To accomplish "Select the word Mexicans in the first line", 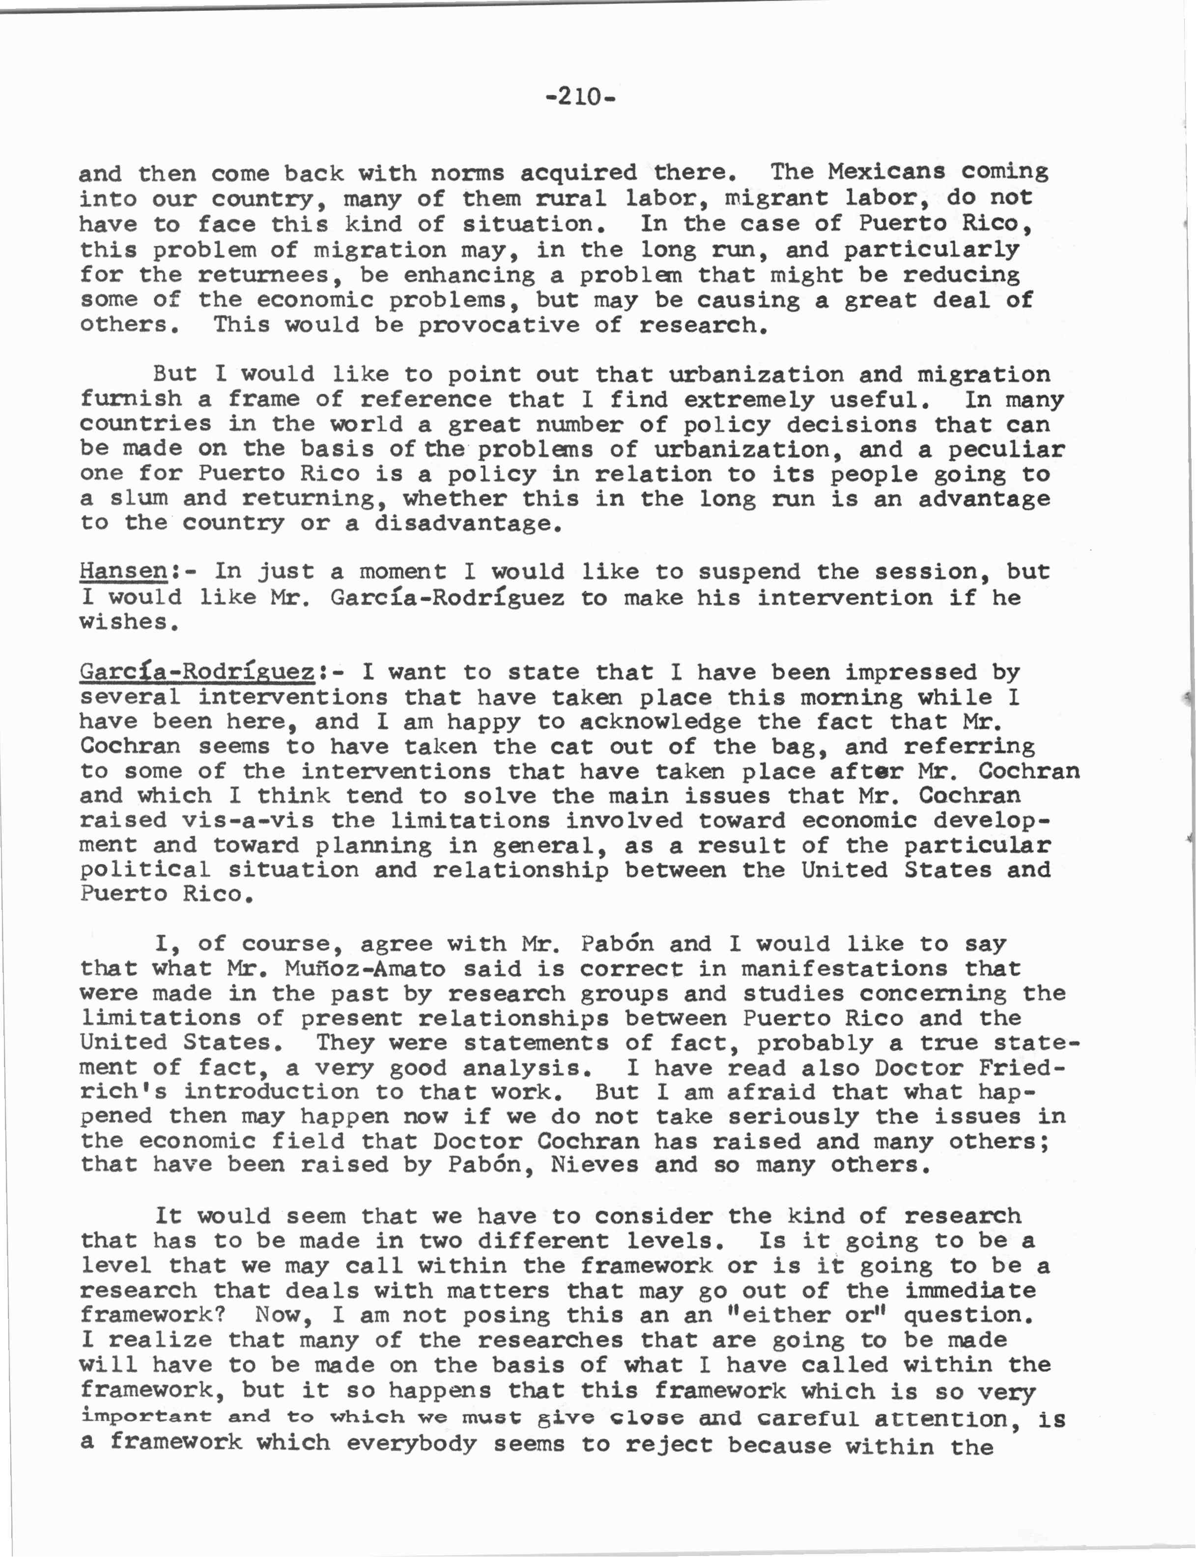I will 886,171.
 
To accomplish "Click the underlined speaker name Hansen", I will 123,572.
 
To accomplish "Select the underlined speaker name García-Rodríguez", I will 197,672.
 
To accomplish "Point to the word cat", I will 571,746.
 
